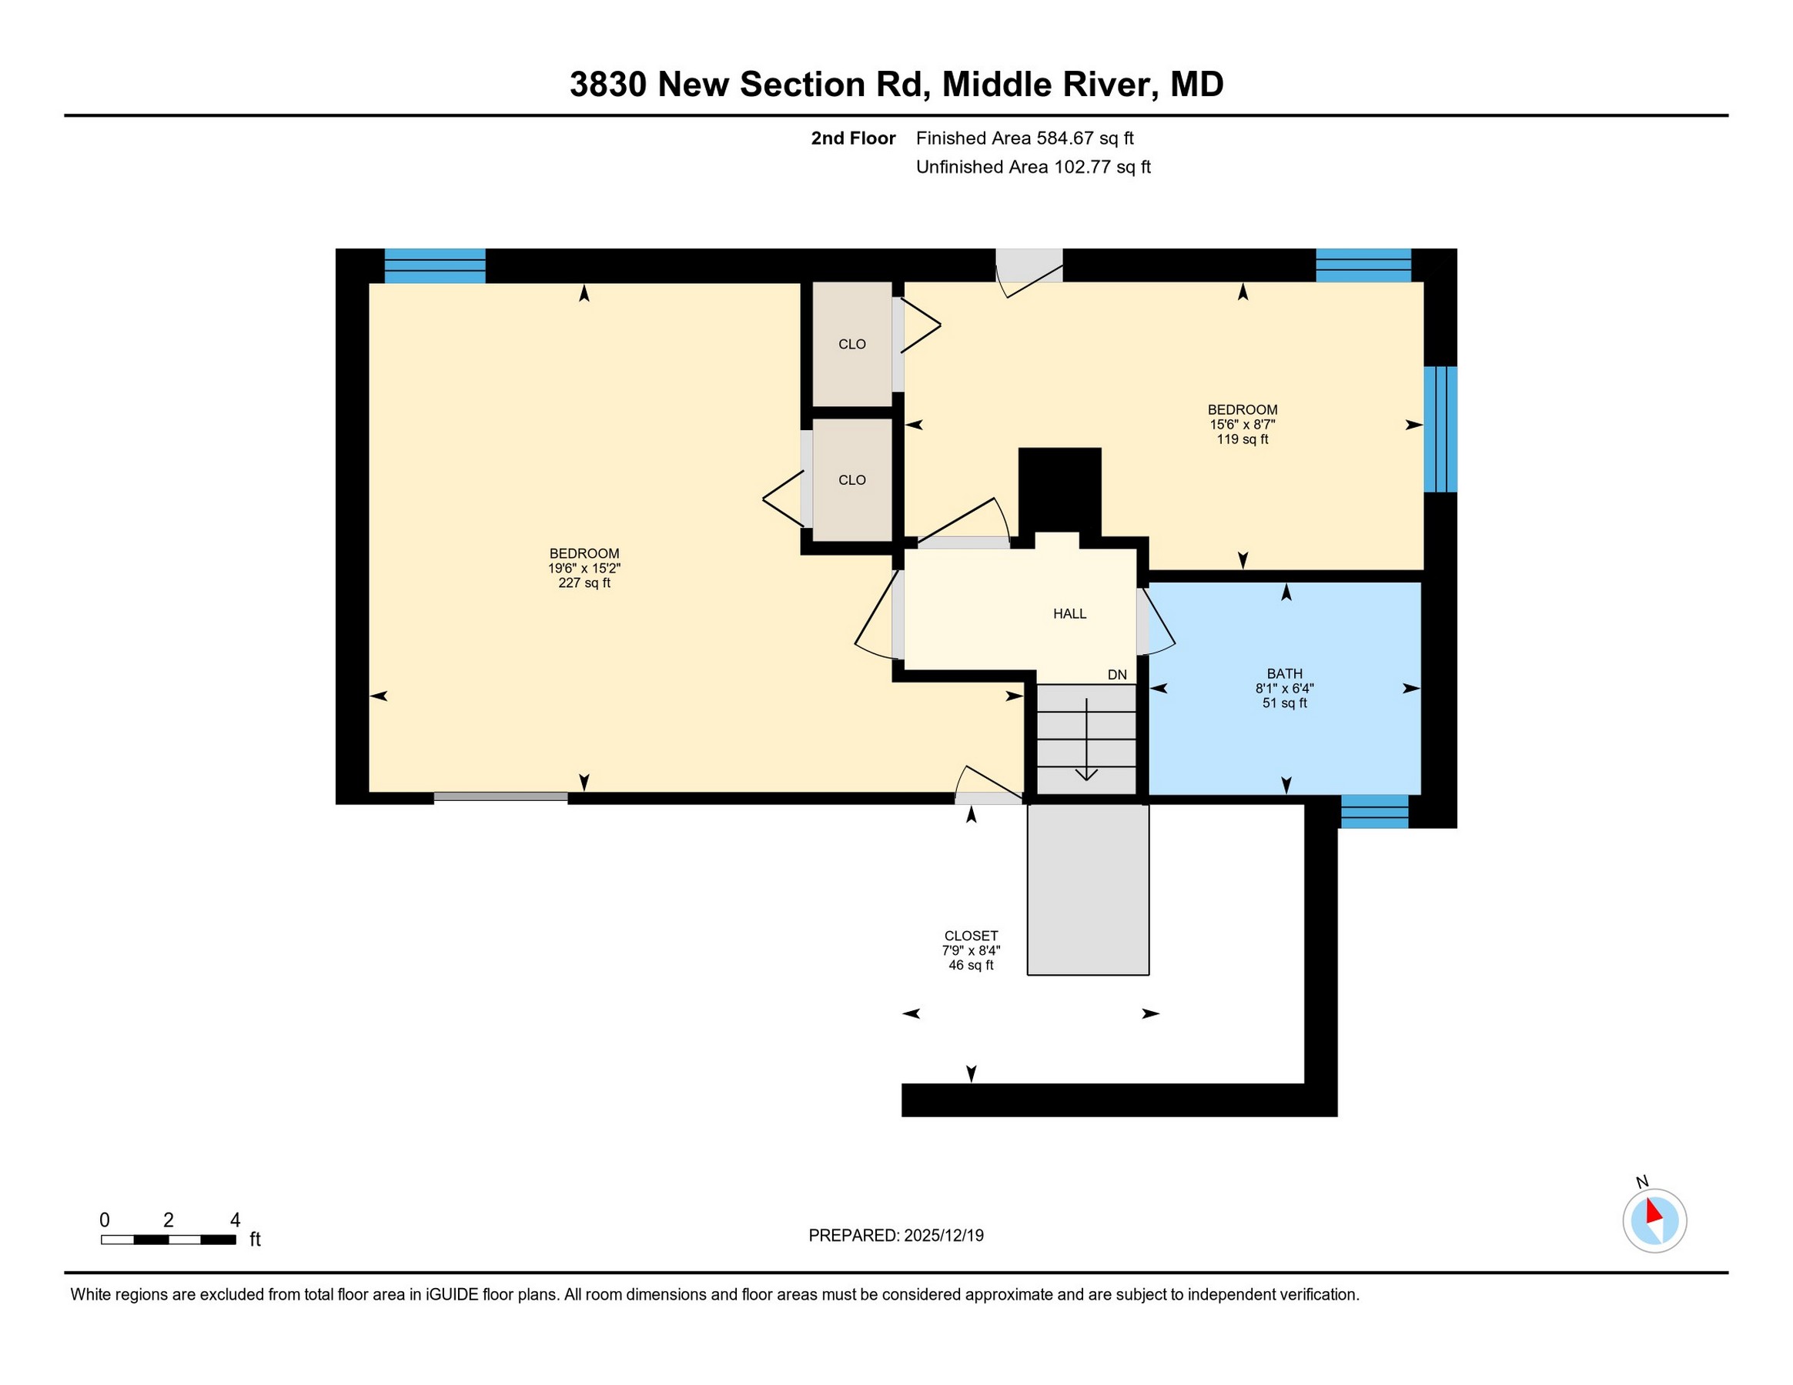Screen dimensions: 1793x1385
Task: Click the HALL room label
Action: [1070, 614]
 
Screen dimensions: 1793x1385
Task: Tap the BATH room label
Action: [1285, 673]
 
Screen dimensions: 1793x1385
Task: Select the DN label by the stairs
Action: [1117, 675]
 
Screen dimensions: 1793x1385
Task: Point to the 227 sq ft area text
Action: [584, 583]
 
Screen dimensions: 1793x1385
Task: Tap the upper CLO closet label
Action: [852, 345]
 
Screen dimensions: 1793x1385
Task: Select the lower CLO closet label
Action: [852, 480]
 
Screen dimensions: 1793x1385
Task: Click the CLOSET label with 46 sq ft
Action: [972, 936]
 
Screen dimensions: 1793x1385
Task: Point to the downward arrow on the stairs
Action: [1087, 739]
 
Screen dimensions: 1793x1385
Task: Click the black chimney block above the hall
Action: [1060, 490]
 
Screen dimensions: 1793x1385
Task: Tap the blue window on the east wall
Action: [1441, 429]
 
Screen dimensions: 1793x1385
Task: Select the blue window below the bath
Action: [1374, 812]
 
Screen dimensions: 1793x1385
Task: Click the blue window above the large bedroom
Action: [435, 265]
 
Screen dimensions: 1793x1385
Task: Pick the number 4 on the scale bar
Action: [236, 1220]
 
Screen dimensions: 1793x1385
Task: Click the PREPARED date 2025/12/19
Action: [943, 1236]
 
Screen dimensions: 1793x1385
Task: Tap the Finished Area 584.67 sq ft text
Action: [1025, 138]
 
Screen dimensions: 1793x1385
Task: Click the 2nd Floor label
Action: [853, 138]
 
